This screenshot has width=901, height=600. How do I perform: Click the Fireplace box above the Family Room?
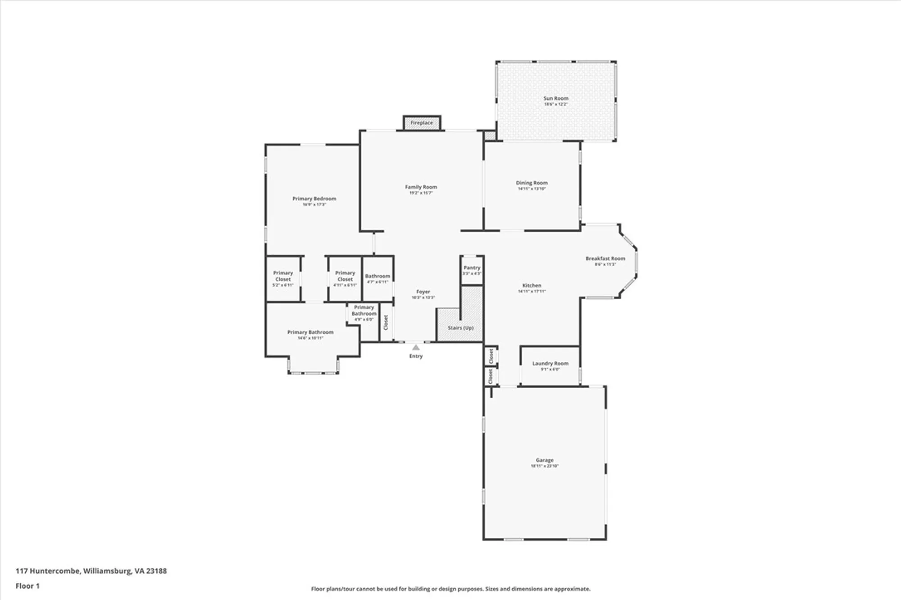coord(422,123)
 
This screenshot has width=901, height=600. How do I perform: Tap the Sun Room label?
coord(555,98)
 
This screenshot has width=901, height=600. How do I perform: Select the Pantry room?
coord(472,270)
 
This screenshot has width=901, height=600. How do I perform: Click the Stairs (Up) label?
coord(460,328)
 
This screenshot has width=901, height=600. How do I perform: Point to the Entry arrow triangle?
coord(416,347)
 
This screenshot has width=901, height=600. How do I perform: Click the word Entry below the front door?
coord(416,356)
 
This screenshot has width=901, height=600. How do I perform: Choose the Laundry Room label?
coord(550,363)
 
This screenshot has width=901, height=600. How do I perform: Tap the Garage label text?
coord(544,460)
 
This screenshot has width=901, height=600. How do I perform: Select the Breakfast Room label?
coord(605,258)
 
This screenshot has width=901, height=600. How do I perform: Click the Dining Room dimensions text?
coord(532,189)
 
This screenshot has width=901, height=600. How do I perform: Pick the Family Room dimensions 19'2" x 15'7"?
coord(421,193)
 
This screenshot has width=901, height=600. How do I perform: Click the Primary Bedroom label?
coord(314,198)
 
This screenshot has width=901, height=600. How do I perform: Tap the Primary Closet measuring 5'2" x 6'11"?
coord(283,279)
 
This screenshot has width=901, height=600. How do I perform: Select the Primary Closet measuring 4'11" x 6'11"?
coord(345,279)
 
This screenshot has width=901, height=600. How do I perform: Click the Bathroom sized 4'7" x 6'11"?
coord(378,278)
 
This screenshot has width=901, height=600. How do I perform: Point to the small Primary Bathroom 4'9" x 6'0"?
coord(364,313)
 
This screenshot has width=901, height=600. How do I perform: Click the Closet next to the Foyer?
coord(386,322)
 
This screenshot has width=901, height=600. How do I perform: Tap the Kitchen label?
coord(532,285)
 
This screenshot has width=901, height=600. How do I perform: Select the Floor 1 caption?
coord(27,586)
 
